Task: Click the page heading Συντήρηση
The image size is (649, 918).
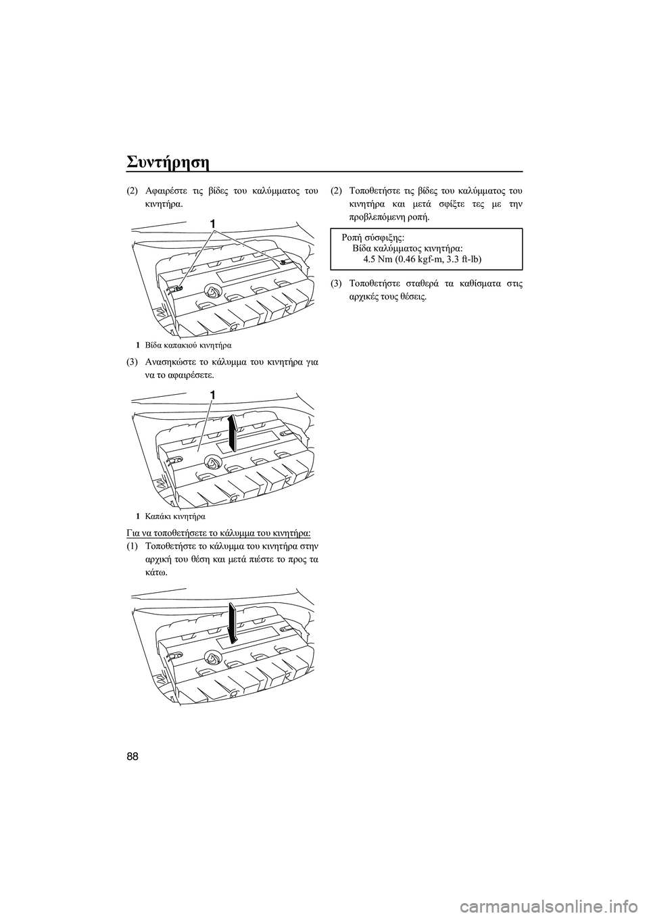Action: coord(168,164)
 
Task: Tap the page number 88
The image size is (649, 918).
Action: coord(133,756)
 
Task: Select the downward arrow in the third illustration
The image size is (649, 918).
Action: coord(233,622)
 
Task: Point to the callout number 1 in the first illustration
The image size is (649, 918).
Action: coord(213,223)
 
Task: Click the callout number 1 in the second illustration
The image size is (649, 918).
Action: coord(213,393)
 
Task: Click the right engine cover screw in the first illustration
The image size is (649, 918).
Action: coord(285,261)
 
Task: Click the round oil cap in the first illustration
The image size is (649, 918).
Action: coord(213,291)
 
